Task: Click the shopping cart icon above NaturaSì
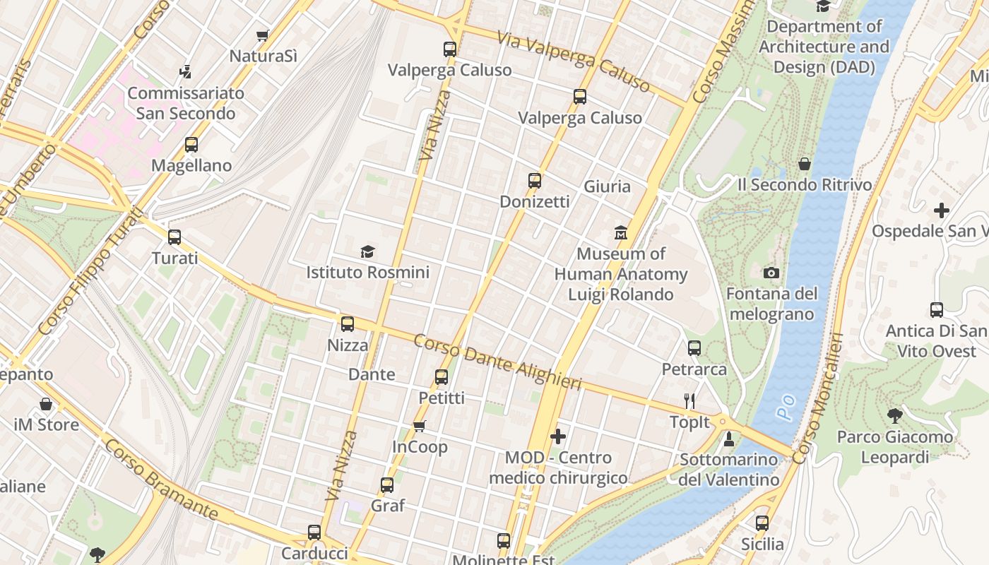pos(263,35)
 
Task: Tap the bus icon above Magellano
pos(191,145)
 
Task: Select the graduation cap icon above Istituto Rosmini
pos(367,251)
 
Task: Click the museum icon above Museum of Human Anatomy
pos(621,232)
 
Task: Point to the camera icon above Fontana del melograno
pos(771,273)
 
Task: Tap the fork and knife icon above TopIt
pos(690,401)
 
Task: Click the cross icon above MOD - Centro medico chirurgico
pos(558,436)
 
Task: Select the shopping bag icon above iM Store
pos(46,405)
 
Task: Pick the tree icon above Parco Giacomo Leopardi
pos(895,416)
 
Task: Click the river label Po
pos(788,408)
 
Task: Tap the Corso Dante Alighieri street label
pos(497,362)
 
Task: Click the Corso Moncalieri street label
pos(818,398)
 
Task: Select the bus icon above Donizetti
pos(535,181)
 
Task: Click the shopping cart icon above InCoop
pos(420,426)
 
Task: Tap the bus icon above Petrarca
pos(694,348)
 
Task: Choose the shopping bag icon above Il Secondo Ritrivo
pos(804,164)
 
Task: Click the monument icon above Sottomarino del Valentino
pos(729,439)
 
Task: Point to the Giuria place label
pos(607,186)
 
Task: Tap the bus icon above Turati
pos(174,237)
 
